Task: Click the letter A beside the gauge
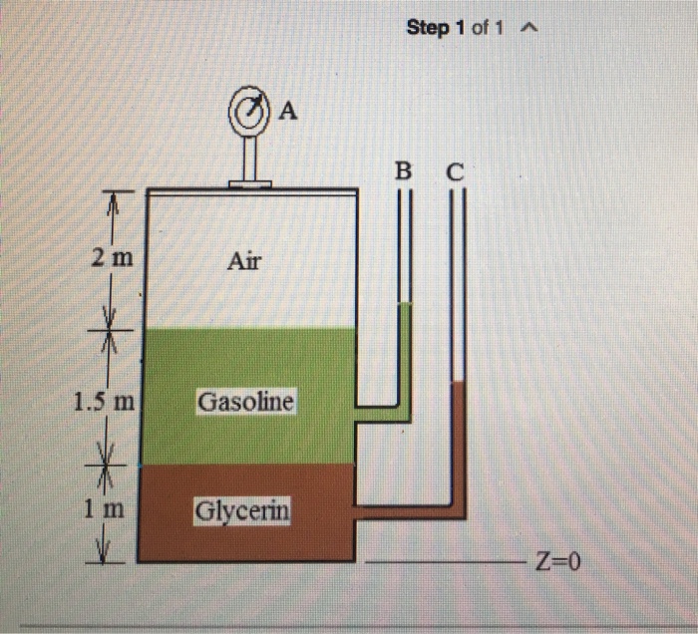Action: pyautogui.click(x=287, y=111)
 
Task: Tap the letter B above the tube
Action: pyautogui.click(x=403, y=170)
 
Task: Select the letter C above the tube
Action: pyautogui.click(x=455, y=172)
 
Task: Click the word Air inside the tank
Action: pyautogui.click(x=243, y=261)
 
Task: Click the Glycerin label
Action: pyautogui.click(x=243, y=510)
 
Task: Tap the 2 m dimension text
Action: pyautogui.click(x=111, y=258)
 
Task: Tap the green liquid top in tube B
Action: pyautogui.click(x=404, y=305)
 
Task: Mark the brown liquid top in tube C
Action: pyautogui.click(x=458, y=383)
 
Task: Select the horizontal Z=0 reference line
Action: pyautogui.click(x=449, y=563)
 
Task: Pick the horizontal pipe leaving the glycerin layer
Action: pyautogui.click(x=399, y=511)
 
